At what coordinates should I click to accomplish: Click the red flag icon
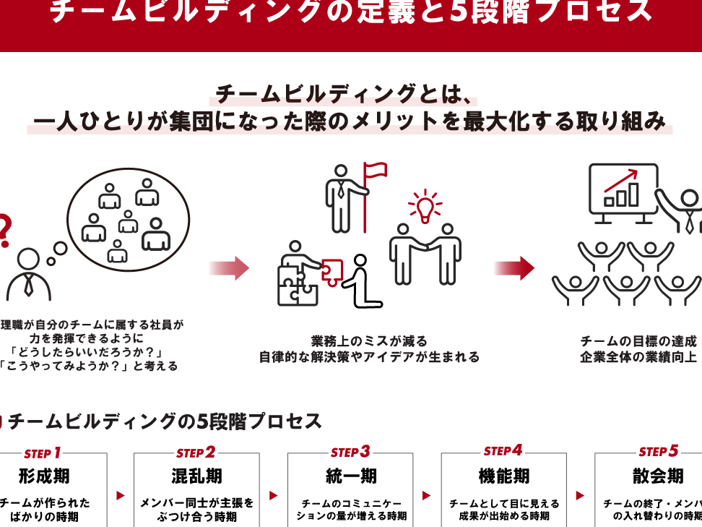375,173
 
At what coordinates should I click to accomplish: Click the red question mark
4,231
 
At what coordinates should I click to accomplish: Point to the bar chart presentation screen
623,189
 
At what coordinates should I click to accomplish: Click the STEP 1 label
43,453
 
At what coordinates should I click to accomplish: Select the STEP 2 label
196,453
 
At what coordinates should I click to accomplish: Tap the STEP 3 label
350,453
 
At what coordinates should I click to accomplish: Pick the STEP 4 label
503,451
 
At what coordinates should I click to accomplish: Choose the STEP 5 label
658,452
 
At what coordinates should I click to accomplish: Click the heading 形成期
44,476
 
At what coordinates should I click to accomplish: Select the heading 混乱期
196,476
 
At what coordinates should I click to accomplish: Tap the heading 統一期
350,476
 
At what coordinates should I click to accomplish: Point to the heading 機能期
503,476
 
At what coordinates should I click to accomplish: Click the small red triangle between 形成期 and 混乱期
121,496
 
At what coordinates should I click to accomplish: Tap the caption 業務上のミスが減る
369,341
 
